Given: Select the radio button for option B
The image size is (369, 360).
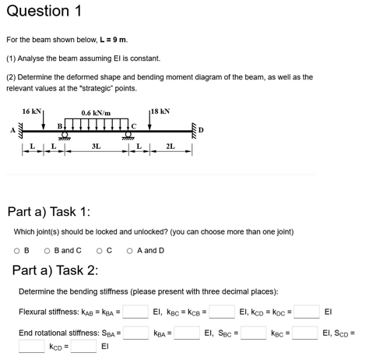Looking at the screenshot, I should (17, 251).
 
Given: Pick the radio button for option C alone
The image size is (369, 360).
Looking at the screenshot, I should (99, 251).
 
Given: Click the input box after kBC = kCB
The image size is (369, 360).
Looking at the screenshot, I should (222, 312).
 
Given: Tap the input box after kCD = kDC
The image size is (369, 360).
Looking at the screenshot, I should (305, 312).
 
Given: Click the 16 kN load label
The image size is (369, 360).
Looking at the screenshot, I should (33, 111).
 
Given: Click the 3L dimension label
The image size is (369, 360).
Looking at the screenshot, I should (95, 146).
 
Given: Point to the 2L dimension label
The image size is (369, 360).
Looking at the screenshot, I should (170, 146).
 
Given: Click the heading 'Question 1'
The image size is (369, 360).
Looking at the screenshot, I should (42, 11).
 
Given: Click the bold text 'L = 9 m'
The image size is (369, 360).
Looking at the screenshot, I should (111, 39).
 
